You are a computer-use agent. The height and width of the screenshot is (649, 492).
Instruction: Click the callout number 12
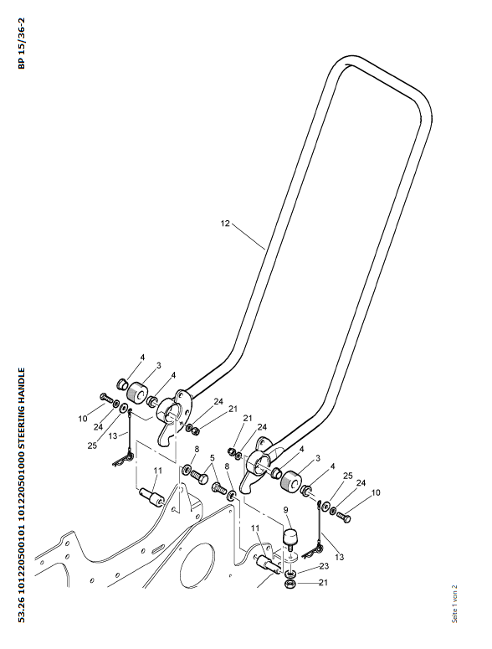[225, 224]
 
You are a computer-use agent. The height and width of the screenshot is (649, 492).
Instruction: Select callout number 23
[324, 566]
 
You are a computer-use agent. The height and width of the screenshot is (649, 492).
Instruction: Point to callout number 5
[212, 458]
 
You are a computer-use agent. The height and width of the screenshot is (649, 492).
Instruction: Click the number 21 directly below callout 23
[323, 582]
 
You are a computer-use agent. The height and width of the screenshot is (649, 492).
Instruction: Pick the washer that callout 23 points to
[290, 574]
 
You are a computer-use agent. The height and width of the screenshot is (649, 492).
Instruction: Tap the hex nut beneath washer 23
[290, 584]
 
